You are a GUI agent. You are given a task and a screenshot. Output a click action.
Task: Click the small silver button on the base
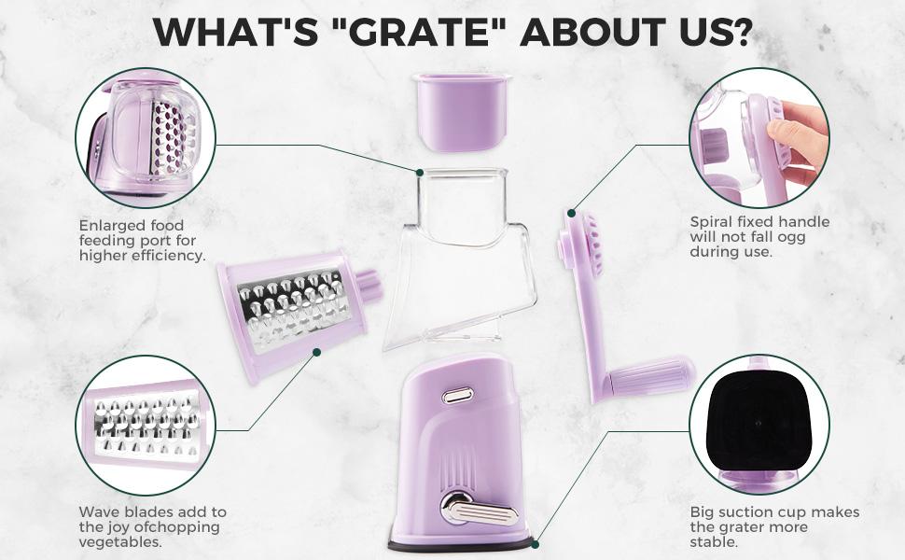[x=457, y=394]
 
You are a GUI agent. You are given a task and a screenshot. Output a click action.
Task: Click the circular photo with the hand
[x=759, y=137]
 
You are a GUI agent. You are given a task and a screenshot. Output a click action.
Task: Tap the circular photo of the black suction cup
[x=759, y=425]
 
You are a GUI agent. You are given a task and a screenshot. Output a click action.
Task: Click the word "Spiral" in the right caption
[x=712, y=222]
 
